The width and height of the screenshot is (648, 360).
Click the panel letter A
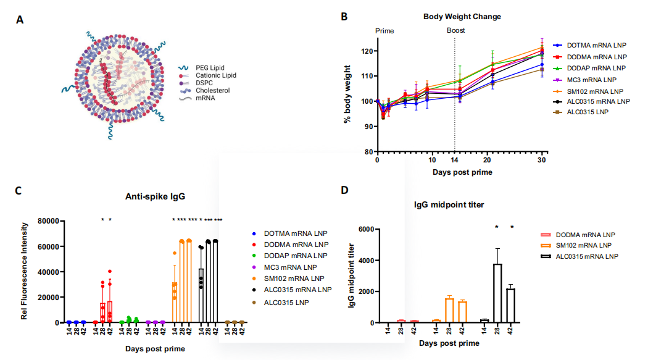(x=20, y=20)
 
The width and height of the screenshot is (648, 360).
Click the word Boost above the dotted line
(x=455, y=30)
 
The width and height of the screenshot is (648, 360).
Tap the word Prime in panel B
(x=384, y=30)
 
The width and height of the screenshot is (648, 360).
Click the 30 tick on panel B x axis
(x=542, y=159)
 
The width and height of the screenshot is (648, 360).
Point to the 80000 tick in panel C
(x=49, y=221)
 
